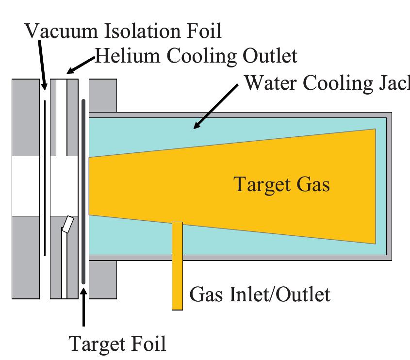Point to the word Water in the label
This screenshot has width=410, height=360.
tap(270, 83)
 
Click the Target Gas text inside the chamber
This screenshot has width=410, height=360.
tap(281, 185)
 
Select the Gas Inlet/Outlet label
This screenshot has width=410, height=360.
tap(260, 295)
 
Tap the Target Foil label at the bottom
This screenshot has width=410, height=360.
tap(118, 344)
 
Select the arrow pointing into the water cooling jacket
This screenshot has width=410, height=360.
tap(216, 107)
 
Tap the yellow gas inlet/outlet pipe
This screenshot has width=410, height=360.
tap(177, 272)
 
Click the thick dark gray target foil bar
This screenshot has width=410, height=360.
tap(83, 194)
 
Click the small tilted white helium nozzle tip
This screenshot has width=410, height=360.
tap(69, 224)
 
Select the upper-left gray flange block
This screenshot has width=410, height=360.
tap(25, 117)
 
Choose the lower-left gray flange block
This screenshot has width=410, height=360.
tap(25, 257)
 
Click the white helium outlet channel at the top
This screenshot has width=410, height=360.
tap(61, 117)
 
